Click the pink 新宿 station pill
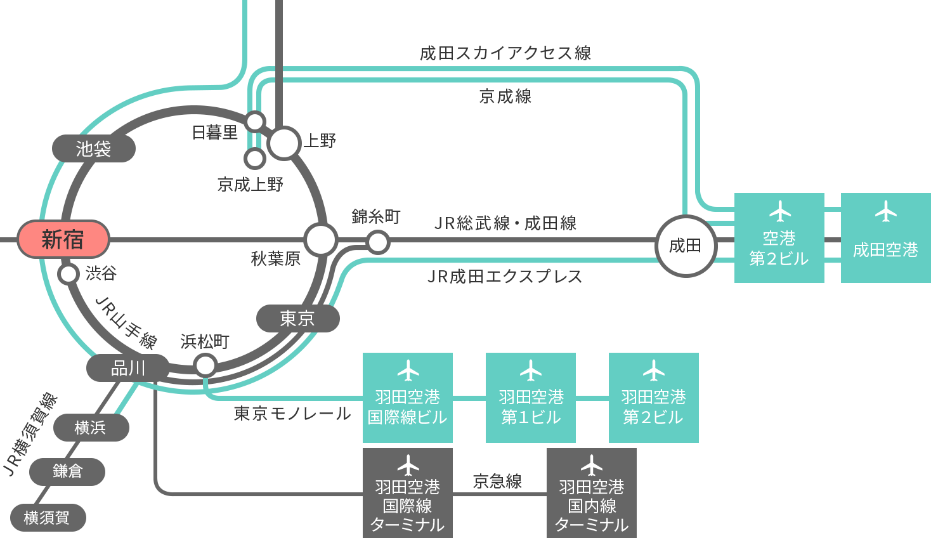coord(63,239)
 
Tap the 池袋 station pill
coord(93,148)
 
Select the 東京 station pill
coord(297,318)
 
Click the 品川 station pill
coord(128,368)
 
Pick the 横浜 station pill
coord(91,428)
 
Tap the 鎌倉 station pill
coord(67,471)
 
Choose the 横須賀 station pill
coord(48,518)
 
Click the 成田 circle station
coord(686,246)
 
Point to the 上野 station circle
coord(284,143)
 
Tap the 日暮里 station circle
coord(255,122)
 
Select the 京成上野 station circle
coord(255,159)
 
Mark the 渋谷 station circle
coord(68,274)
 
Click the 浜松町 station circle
coord(205,365)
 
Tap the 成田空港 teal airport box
coord(886,238)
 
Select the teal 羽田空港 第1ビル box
coord(531,398)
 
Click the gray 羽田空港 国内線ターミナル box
coord(592,493)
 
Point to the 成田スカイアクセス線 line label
coord(505,53)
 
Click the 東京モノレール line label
coord(292,414)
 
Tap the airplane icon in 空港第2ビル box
coord(779,211)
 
